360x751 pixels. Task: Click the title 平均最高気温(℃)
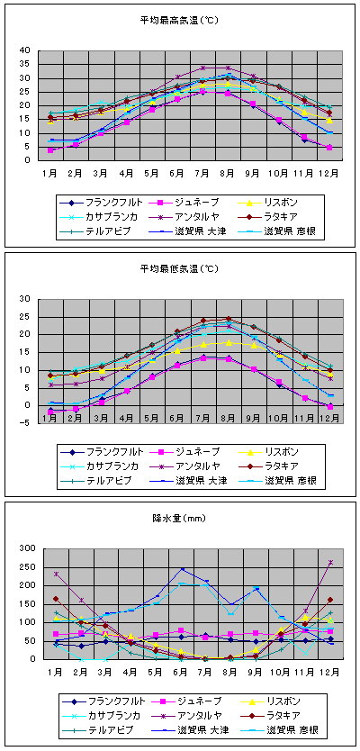pos(179,20)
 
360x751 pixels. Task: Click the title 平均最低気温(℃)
pos(179,269)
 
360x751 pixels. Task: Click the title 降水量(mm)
pos(180,519)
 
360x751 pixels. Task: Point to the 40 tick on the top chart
pos(24,50)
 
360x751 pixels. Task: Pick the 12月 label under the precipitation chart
pos(331,673)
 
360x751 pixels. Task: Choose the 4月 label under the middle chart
pos(126,418)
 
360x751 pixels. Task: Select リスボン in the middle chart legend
pos(283,452)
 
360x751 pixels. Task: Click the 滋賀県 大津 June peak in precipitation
pos(183,569)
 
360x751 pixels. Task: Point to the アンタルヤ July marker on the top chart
pos(203,68)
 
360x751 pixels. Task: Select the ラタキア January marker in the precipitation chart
pos(56,599)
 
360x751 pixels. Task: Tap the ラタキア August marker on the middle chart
pos(229,319)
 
